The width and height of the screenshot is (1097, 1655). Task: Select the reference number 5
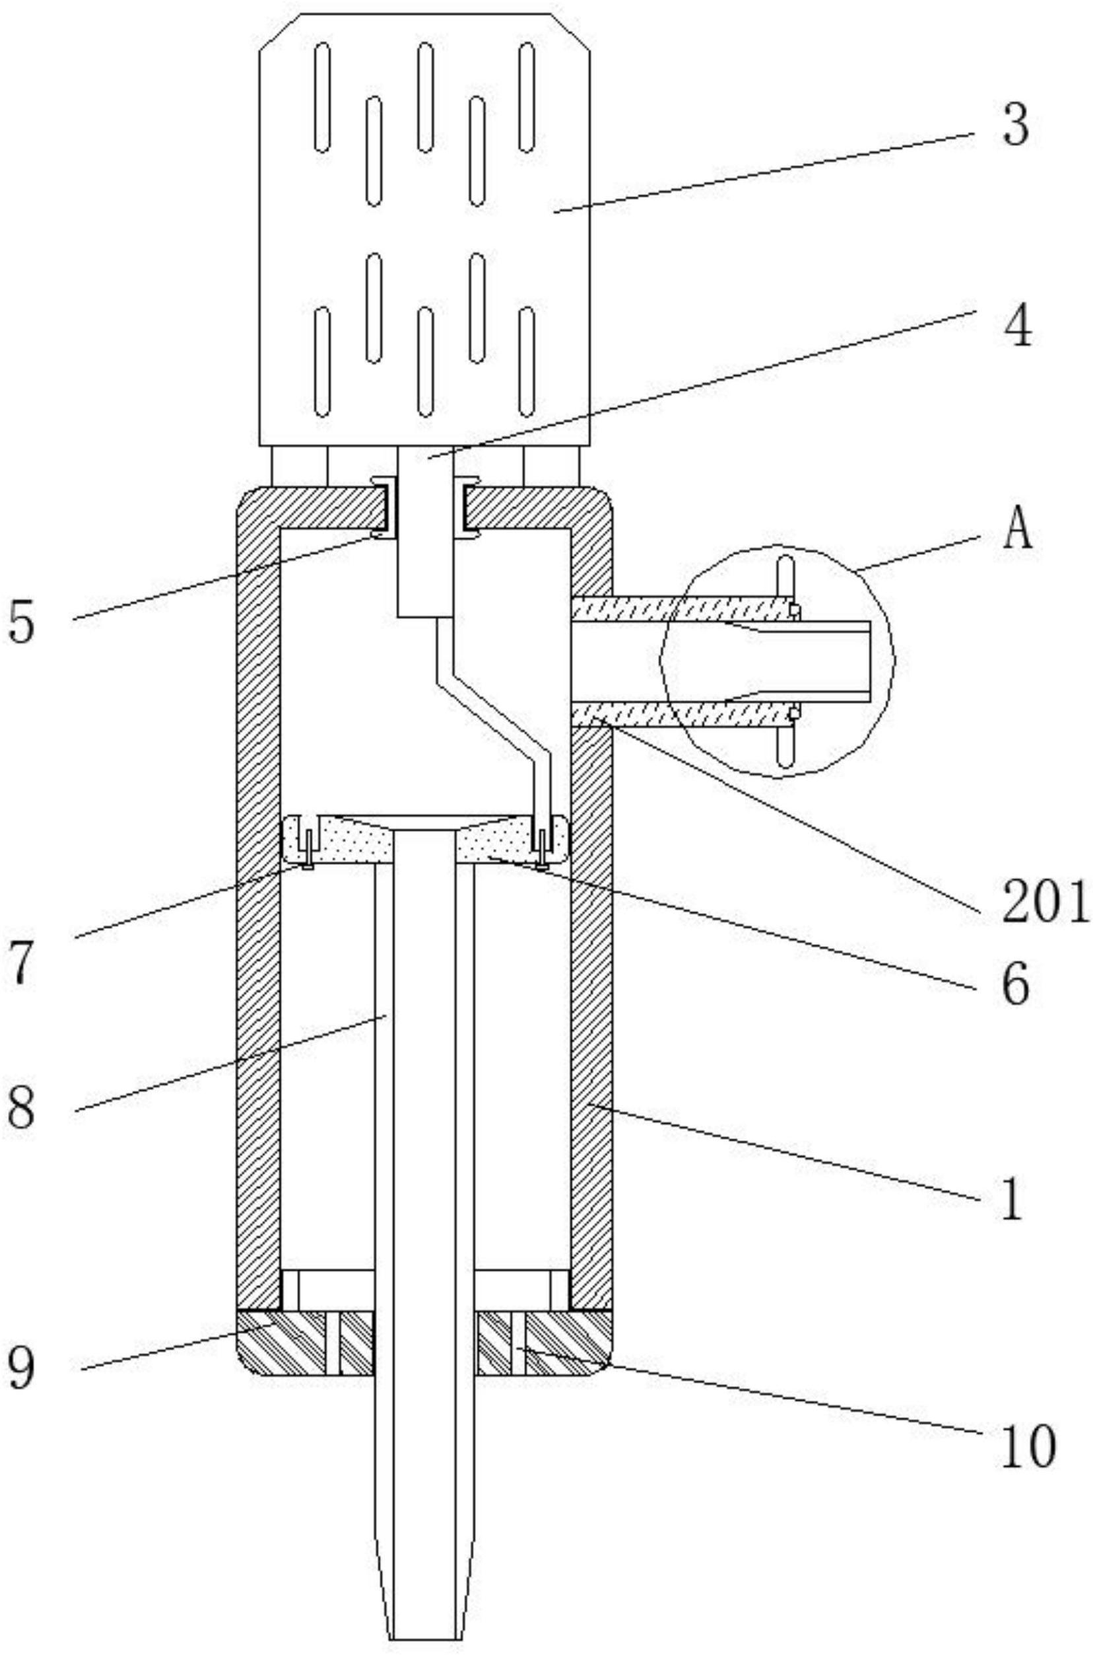[x=21, y=622]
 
